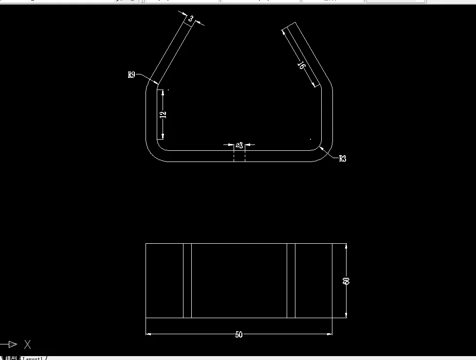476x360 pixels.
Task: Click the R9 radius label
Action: coord(131,75)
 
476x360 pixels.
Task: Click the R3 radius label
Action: coord(343,159)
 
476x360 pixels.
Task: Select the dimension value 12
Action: coord(164,114)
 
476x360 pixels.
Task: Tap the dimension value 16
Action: coord(301,66)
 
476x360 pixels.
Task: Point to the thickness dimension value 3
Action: coord(191,19)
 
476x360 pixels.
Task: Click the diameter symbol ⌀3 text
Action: coord(239,145)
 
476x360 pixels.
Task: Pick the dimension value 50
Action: coord(238,335)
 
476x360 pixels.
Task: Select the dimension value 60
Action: coord(347,281)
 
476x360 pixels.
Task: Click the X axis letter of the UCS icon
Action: coord(28,344)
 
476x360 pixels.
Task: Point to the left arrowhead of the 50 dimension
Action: coord(149,334)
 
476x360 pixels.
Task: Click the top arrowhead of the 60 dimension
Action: coord(346,247)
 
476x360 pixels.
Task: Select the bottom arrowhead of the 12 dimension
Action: coord(163,136)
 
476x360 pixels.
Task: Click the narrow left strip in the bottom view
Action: coord(187,281)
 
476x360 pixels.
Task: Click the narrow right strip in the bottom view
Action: coord(291,281)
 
